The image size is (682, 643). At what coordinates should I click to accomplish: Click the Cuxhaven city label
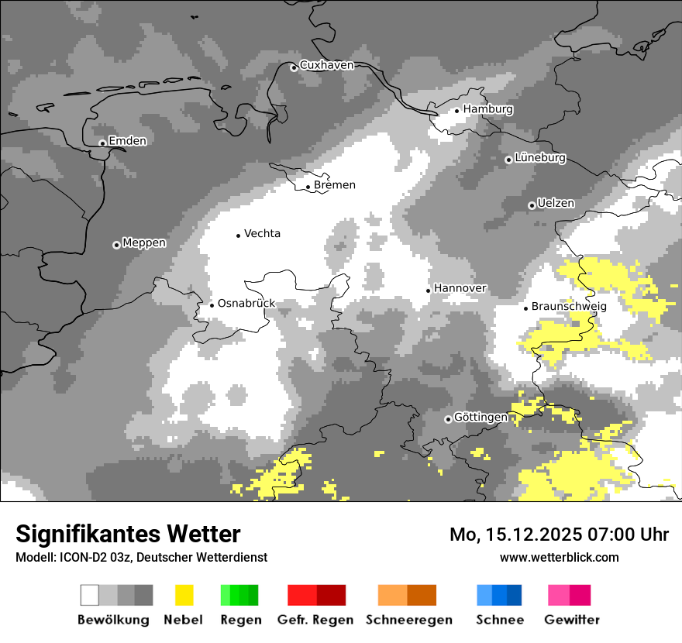click(326, 65)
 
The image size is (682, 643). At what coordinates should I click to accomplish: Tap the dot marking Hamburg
click(456, 111)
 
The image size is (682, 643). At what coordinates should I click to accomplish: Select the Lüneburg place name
click(540, 158)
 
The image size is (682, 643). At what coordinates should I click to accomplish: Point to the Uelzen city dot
click(532, 205)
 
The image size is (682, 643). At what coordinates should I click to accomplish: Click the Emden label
click(127, 141)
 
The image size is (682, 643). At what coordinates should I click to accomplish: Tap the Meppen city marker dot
click(116, 245)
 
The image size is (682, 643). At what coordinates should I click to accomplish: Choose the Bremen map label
click(335, 185)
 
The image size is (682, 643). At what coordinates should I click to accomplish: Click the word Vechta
click(262, 234)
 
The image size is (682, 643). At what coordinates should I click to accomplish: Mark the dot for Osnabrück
click(212, 305)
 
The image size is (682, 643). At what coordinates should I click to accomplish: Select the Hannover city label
click(460, 288)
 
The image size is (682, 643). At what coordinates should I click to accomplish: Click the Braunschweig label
click(569, 307)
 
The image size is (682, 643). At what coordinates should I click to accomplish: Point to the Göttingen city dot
click(448, 419)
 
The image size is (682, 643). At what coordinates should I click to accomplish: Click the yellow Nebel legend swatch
click(184, 595)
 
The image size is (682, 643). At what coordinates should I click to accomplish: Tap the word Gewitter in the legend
click(572, 620)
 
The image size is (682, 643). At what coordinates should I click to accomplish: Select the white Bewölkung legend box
click(90, 595)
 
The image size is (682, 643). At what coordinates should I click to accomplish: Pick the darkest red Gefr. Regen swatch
click(331, 595)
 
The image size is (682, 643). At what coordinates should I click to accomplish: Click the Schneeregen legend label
click(409, 620)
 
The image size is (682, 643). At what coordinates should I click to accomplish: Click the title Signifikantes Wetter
click(128, 534)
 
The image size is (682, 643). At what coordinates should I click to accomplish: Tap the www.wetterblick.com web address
click(559, 557)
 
